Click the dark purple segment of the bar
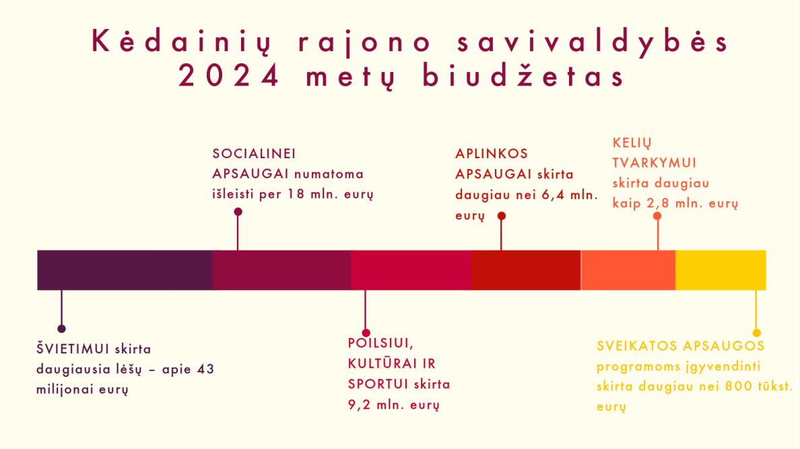coord(125,270)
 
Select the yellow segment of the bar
coord(721,270)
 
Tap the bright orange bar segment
coord(628,270)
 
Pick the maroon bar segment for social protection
coord(281,270)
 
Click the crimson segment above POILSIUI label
coord(411,270)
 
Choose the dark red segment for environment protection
coord(526,270)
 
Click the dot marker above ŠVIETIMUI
coord(62,329)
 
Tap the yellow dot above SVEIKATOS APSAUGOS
coord(757,333)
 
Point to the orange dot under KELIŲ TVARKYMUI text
coord(657,216)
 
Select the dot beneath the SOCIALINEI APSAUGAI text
coord(238,212)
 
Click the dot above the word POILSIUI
coord(366,333)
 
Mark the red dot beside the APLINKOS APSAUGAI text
coord(502,216)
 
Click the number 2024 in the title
coord(229,76)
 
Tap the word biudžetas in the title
coord(523,76)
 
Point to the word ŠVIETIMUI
coord(73,349)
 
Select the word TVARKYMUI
coord(655,163)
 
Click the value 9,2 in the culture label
coord(359,405)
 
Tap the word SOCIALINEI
coord(254,153)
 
